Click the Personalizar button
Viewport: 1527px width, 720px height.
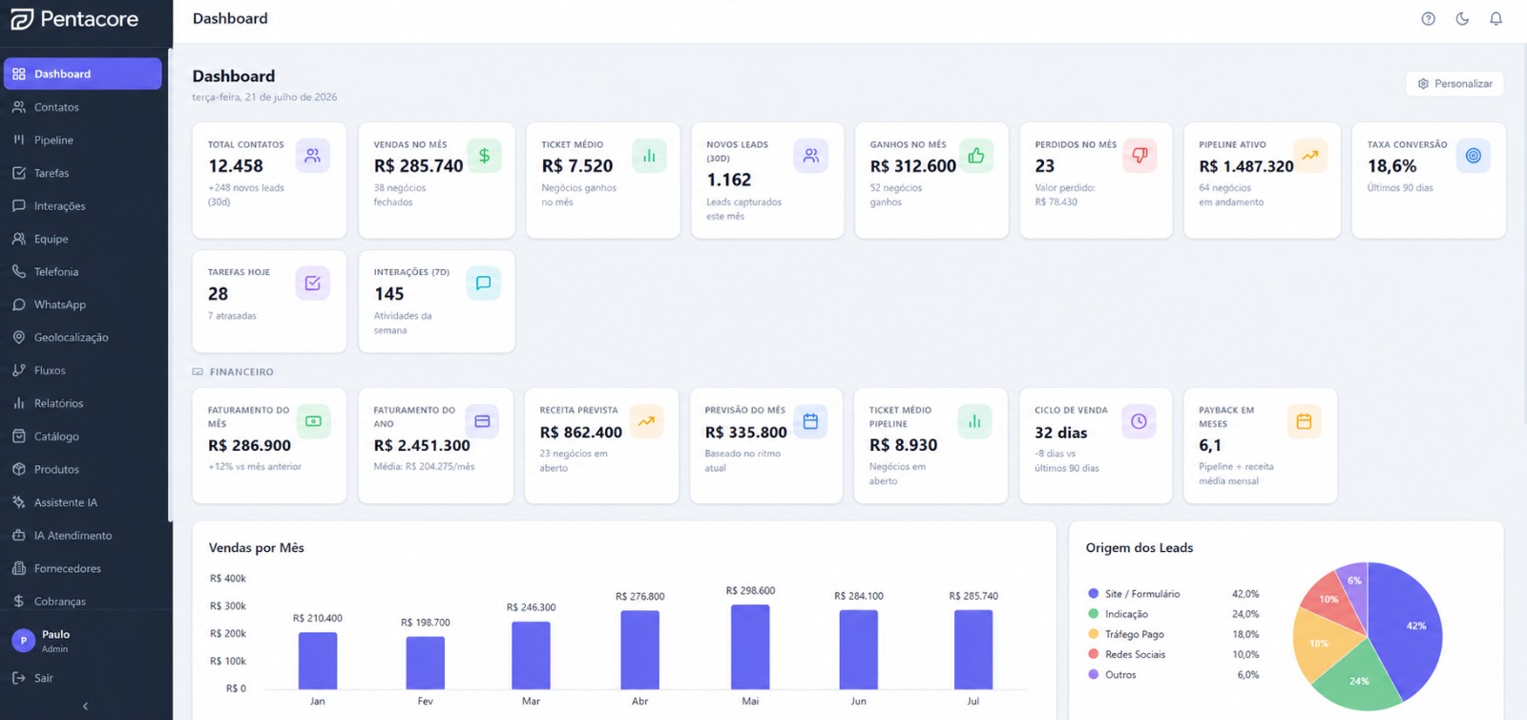[1454, 84]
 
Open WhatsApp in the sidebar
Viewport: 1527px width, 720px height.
[60, 305]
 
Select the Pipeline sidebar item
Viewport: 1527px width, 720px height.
[53, 139]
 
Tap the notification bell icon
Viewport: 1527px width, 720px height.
[1496, 19]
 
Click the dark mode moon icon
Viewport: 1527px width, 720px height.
[1462, 19]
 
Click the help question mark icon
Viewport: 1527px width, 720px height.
[1428, 19]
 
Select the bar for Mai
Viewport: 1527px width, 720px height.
[750, 647]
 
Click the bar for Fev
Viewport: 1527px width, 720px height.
[426, 663]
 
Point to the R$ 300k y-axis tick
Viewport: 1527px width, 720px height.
[228, 606]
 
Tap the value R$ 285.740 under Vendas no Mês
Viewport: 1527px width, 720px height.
[418, 166]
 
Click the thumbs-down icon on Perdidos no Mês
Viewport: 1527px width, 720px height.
[1140, 156]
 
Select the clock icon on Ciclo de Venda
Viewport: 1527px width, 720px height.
[1139, 421]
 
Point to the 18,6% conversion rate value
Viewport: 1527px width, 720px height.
[1391, 166]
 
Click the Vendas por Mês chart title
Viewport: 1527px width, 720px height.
[257, 547]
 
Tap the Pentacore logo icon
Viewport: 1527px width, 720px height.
[22, 18]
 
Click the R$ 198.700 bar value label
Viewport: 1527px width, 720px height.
[426, 623]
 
